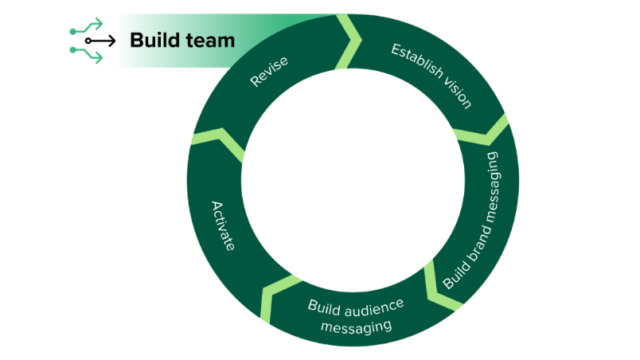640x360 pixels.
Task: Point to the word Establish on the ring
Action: (x=414, y=63)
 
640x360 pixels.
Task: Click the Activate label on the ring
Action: (x=223, y=226)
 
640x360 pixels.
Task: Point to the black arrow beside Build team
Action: (x=101, y=41)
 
